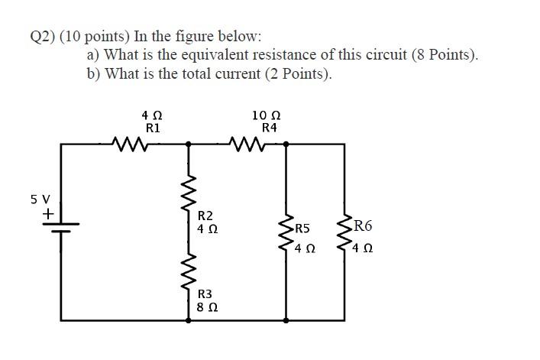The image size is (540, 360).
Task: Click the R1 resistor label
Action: (x=153, y=128)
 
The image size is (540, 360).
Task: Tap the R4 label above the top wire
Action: (x=269, y=128)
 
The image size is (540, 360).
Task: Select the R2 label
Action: (x=205, y=216)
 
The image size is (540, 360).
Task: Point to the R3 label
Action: (x=205, y=294)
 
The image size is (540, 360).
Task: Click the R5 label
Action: (x=302, y=229)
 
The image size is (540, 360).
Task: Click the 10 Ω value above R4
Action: (x=267, y=115)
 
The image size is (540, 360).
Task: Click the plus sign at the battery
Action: (x=47, y=216)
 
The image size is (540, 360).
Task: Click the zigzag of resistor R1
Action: (x=127, y=143)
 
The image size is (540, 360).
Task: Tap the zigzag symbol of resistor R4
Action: (x=247, y=143)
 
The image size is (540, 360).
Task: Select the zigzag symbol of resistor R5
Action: (x=286, y=235)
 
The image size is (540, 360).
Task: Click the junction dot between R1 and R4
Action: (x=189, y=143)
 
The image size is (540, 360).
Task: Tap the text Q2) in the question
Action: (x=40, y=36)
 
